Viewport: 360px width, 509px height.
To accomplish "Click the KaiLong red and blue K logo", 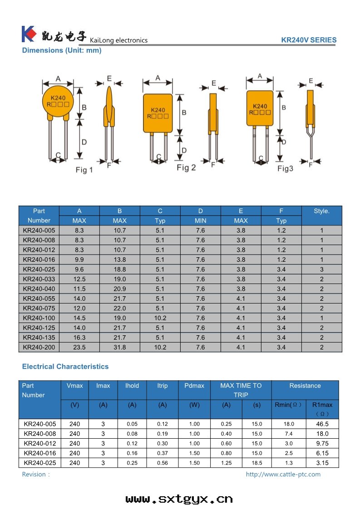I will pyautogui.click(x=28, y=34).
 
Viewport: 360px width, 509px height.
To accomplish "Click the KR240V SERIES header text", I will pyautogui.click(x=309, y=40).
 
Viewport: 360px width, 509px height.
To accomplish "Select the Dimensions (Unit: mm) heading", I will pyautogui.click(x=62, y=50).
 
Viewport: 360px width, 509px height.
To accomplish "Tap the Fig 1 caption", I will pyautogui.click(x=84, y=170).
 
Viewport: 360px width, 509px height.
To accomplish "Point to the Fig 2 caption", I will pyautogui.click(x=186, y=168).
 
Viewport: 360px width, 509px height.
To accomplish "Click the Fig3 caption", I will pyautogui.click(x=286, y=169).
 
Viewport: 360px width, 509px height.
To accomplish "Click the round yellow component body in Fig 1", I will pyautogui.click(x=58, y=102).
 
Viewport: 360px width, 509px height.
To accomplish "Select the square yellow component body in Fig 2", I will pyautogui.click(x=158, y=113).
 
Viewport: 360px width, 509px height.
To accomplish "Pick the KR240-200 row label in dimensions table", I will pyautogui.click(x=39, y=347).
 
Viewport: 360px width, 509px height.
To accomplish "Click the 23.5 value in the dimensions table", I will pyautogui.click(x=79, y=347).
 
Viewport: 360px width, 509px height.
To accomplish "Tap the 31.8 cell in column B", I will pyautogui.click(x=120, y=347).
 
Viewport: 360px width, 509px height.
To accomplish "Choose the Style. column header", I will pyautogui.click(x=321, y=211).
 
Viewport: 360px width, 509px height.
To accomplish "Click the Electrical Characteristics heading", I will pyautogui.click(x=65, y=367).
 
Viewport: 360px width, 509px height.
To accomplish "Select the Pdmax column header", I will pyautogui.click(x=194, y=386).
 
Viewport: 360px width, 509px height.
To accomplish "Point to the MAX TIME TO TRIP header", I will pyautogui.click(x=241, y=390).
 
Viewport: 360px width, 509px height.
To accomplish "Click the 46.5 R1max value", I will pyautogui.click(x=322, y=424).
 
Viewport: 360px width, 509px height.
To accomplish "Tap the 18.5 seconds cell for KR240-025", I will pyautogui.click(x=256, y=463).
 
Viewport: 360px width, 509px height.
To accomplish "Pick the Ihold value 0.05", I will pyautogui.click(x=132, y=424).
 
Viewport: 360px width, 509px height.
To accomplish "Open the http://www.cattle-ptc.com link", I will pyautogui.click(x=283, y=475).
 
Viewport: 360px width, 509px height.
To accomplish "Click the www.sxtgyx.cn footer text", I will pyautogui.click(x=179, y=499).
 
